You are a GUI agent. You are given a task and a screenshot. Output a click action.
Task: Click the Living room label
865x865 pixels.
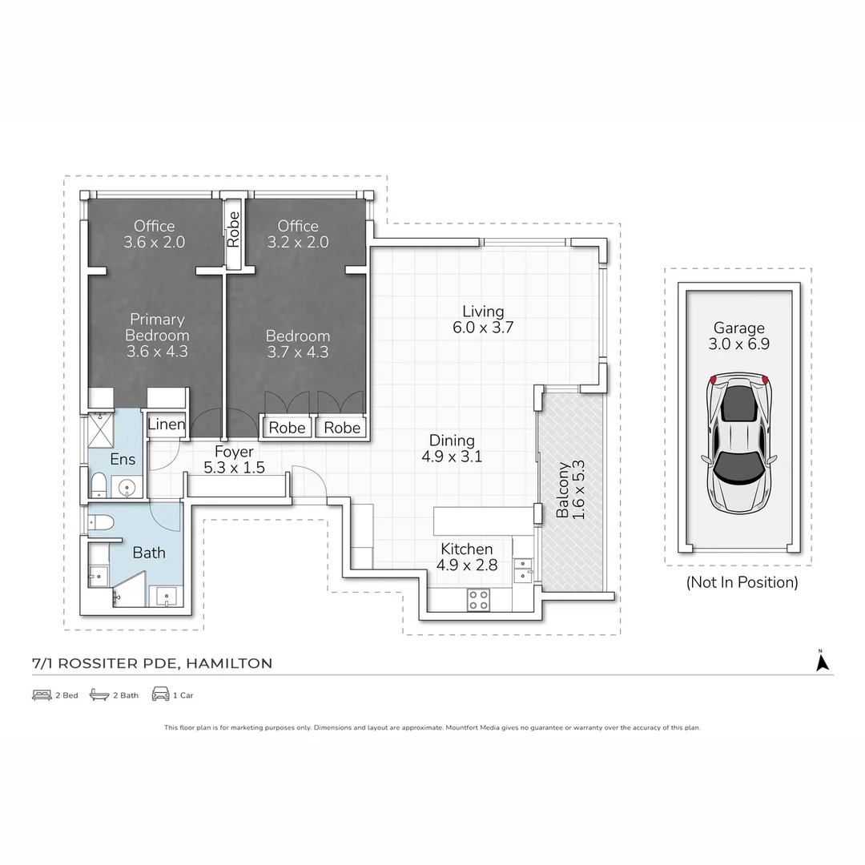click(483, 312)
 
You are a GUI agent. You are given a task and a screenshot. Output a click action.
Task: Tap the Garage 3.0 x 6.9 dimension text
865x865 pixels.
click(738, 344)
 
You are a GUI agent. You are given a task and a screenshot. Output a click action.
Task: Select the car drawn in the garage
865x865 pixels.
click(738, 443)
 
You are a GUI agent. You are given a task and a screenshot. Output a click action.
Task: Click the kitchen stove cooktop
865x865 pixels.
click(477, 600)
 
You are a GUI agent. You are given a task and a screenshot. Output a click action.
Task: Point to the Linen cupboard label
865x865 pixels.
click(166, 424)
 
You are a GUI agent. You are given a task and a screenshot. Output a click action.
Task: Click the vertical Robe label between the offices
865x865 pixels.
click(233, 230)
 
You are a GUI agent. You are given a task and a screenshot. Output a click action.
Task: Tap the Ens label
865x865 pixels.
click(123, 459)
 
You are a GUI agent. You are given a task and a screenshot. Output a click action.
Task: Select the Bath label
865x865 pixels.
click(149, 552)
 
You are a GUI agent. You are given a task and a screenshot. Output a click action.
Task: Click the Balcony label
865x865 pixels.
click(562, 489)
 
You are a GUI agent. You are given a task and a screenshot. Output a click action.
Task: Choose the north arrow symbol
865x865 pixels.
click(822, 661)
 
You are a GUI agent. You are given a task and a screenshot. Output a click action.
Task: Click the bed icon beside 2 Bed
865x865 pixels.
click(42, 695)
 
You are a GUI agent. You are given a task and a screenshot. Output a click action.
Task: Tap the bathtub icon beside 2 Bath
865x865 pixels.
click(99, 694)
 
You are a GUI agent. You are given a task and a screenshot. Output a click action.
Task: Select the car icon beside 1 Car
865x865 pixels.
click(160, 694)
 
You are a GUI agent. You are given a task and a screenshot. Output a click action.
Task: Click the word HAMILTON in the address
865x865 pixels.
click(229, 663)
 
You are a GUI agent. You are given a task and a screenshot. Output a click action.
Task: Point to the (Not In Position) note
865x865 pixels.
click(742, 582)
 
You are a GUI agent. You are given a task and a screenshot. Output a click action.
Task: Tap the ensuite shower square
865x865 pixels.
click(100, 430)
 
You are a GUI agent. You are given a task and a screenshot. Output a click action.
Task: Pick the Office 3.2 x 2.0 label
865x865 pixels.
click(298, 234)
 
